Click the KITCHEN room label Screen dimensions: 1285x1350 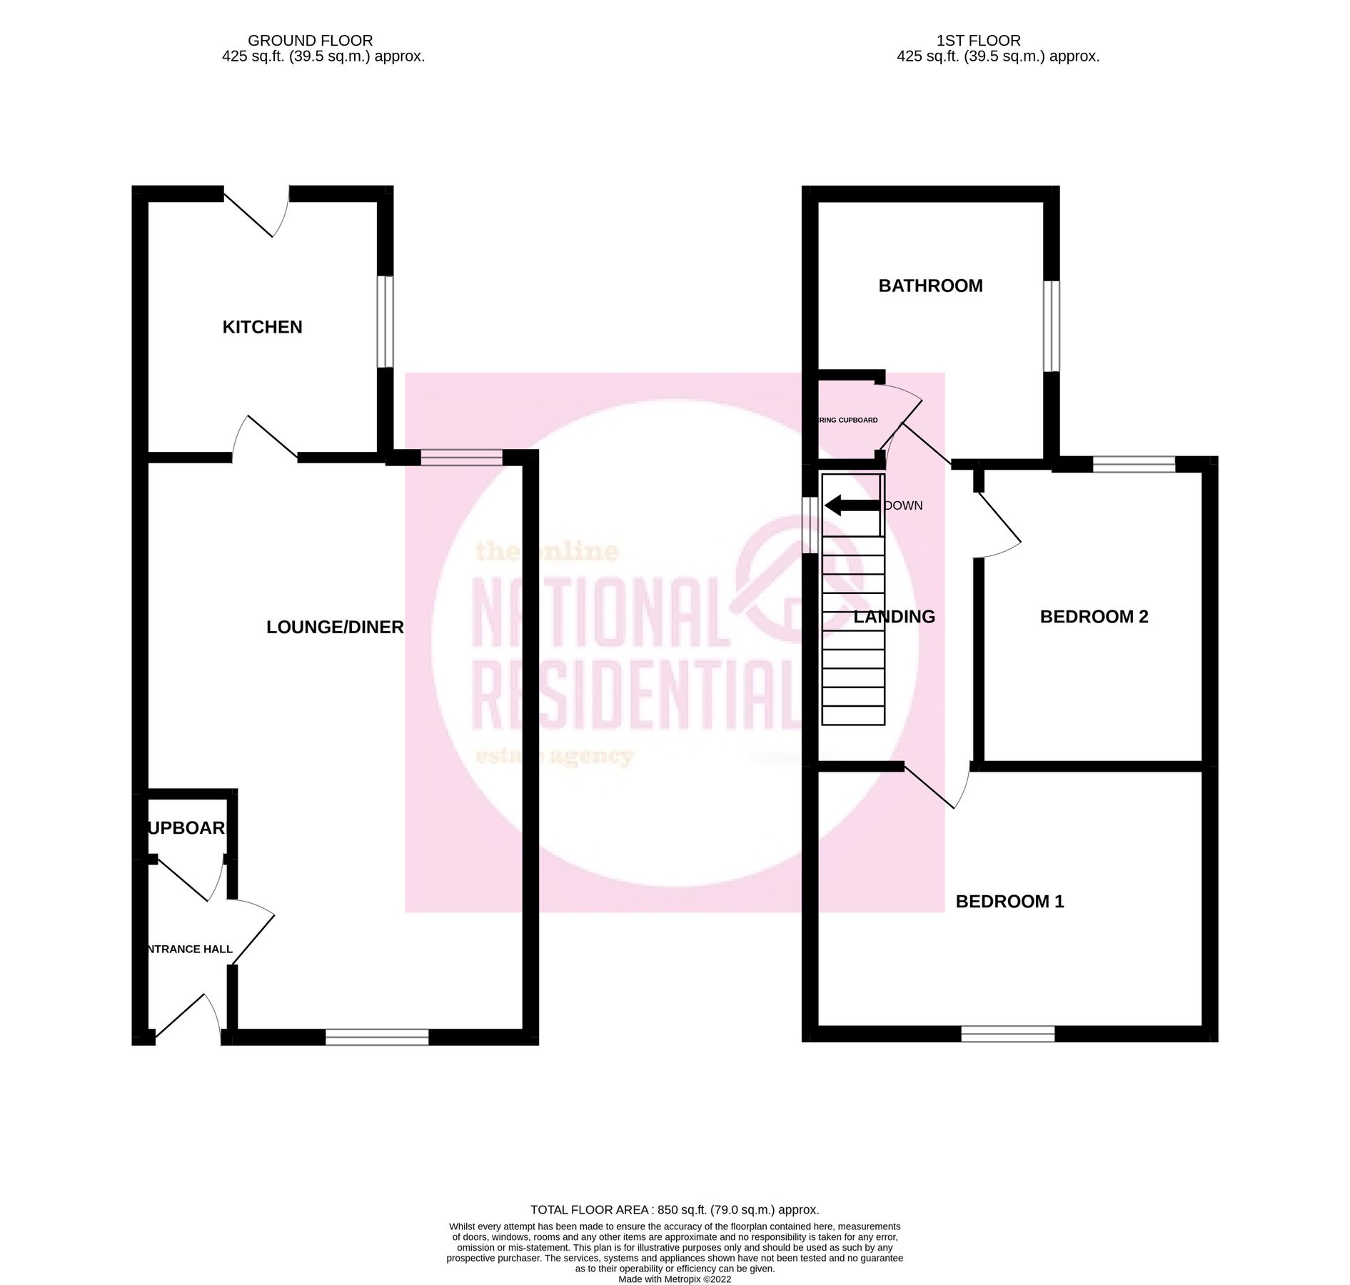coord(262,327)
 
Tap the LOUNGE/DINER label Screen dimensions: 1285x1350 coord(335,627)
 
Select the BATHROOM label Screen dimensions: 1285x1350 coord(930,286)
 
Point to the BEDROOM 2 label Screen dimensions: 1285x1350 coord(1094,617)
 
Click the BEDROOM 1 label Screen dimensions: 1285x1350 coord(1009,902)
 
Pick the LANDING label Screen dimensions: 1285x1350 coord(895,617)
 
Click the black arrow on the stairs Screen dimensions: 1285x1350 coord(852,505)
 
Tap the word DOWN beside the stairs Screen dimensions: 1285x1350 coord(904,505)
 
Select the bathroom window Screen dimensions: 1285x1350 coord(1051,326)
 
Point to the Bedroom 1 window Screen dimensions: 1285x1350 coord(1007,1033)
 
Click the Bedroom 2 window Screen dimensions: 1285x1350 coord(1134,464)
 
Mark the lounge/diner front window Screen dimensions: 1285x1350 coord(377,1037)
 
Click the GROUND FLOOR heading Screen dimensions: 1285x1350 coord(310,41)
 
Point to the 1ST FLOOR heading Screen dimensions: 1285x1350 coord(978,41)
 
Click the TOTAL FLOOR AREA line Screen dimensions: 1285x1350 coord(675,1209)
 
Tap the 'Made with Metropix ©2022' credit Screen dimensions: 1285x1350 coord(675,1279)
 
